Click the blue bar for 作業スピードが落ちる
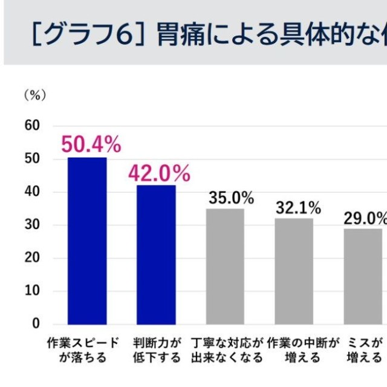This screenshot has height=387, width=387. pyautogui.click(x=87, y=241)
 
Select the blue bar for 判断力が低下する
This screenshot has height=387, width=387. pyautogui.click(x=156, y=255)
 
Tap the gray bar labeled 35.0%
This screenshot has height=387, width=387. pyautogui.click(x=225, y=266)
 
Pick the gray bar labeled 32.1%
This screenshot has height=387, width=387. pyautogui.click(x=294, y=271)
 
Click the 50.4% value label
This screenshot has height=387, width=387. pyautogui.click(x=91, y=145)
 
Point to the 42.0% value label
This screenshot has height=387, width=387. pyautogui.click(x=159, y=174)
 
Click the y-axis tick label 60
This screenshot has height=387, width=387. pyautogui.click(x=32, y=125)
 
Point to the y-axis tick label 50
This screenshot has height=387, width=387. pyautogui.click(x=32, y=158)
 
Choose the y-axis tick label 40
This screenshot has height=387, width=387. pyautogui.click(x=32, y=192)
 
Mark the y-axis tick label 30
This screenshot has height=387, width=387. pyautogui.click(x=32, y=225)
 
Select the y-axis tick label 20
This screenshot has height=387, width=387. pyautogui.click(x=32, y=258)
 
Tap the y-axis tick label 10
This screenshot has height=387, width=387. pyautogui.click(x=32, y=291)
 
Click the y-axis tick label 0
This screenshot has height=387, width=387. pyautogui.click(x=36, y=324)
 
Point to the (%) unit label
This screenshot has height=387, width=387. pyautogui.click(x=34, y=96)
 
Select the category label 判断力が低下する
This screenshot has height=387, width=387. pyautogui.click(x=157, y=350)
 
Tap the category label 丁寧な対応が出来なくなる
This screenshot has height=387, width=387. pyautogui.click(x=227, y=350)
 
